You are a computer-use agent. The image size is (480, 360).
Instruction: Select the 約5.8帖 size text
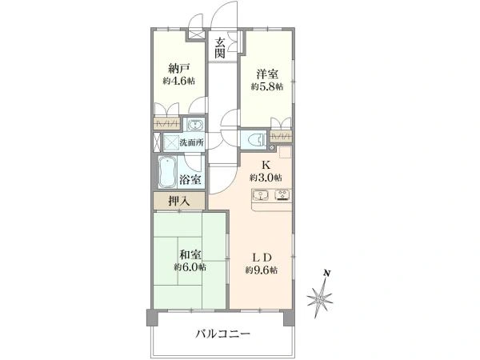click(267, 86)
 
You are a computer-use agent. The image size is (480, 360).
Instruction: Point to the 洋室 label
click(267, 74)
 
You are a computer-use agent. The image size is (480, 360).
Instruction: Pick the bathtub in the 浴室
click(167, 172)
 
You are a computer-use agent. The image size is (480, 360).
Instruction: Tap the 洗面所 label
click(191, 142)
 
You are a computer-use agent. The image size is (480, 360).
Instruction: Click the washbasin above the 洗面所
click(194, 125)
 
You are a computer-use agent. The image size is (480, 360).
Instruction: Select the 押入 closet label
click(179, 201)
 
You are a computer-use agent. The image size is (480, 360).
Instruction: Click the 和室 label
click(190, 254)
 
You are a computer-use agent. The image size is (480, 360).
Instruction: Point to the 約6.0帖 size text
click(190, 267)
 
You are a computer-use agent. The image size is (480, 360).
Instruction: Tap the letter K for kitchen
click(266, 166)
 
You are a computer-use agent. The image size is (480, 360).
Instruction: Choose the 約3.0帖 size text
click(266, 178)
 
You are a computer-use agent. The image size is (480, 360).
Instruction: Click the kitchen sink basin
click(260, 195)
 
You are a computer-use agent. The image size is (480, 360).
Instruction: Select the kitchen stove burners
click(283, 194)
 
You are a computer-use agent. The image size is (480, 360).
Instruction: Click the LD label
click(262, 258)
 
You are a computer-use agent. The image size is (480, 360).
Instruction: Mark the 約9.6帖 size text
click(262, 270)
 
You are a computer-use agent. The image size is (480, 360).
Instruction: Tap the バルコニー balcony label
click(223, 334)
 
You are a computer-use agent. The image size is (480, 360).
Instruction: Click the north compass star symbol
click(320, 298)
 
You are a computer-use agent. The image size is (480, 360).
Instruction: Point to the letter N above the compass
click(327, 273)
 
